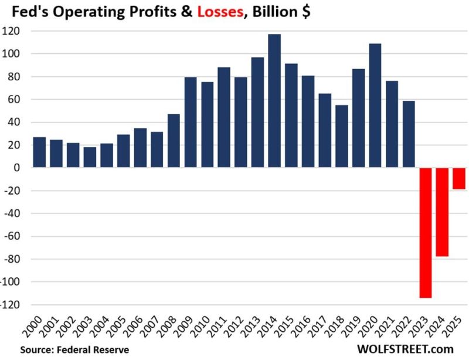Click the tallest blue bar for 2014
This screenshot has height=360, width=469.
coord(274,101)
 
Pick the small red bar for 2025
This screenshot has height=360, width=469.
coord(459,178)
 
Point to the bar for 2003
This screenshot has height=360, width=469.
coord(90,157)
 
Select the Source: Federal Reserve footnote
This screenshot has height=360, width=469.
coord(74,349)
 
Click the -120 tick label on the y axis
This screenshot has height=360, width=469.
coord(13,305)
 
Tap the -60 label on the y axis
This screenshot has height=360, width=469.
coord(15,236)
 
